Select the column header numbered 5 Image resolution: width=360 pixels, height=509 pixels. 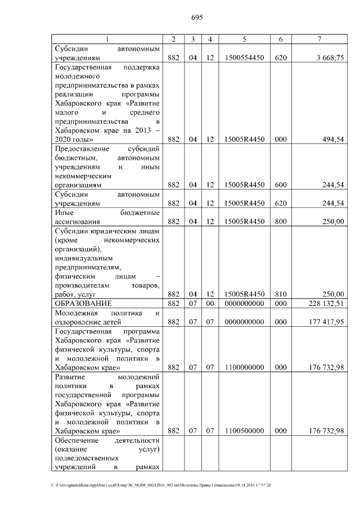[x=244, y=38]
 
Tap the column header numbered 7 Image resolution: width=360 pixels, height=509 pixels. [x=319, y=38]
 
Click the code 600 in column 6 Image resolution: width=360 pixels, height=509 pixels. [x=280, y=184]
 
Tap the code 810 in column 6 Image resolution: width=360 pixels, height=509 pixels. [x=280, y=294]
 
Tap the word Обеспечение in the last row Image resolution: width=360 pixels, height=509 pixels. [x=76, y=440]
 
